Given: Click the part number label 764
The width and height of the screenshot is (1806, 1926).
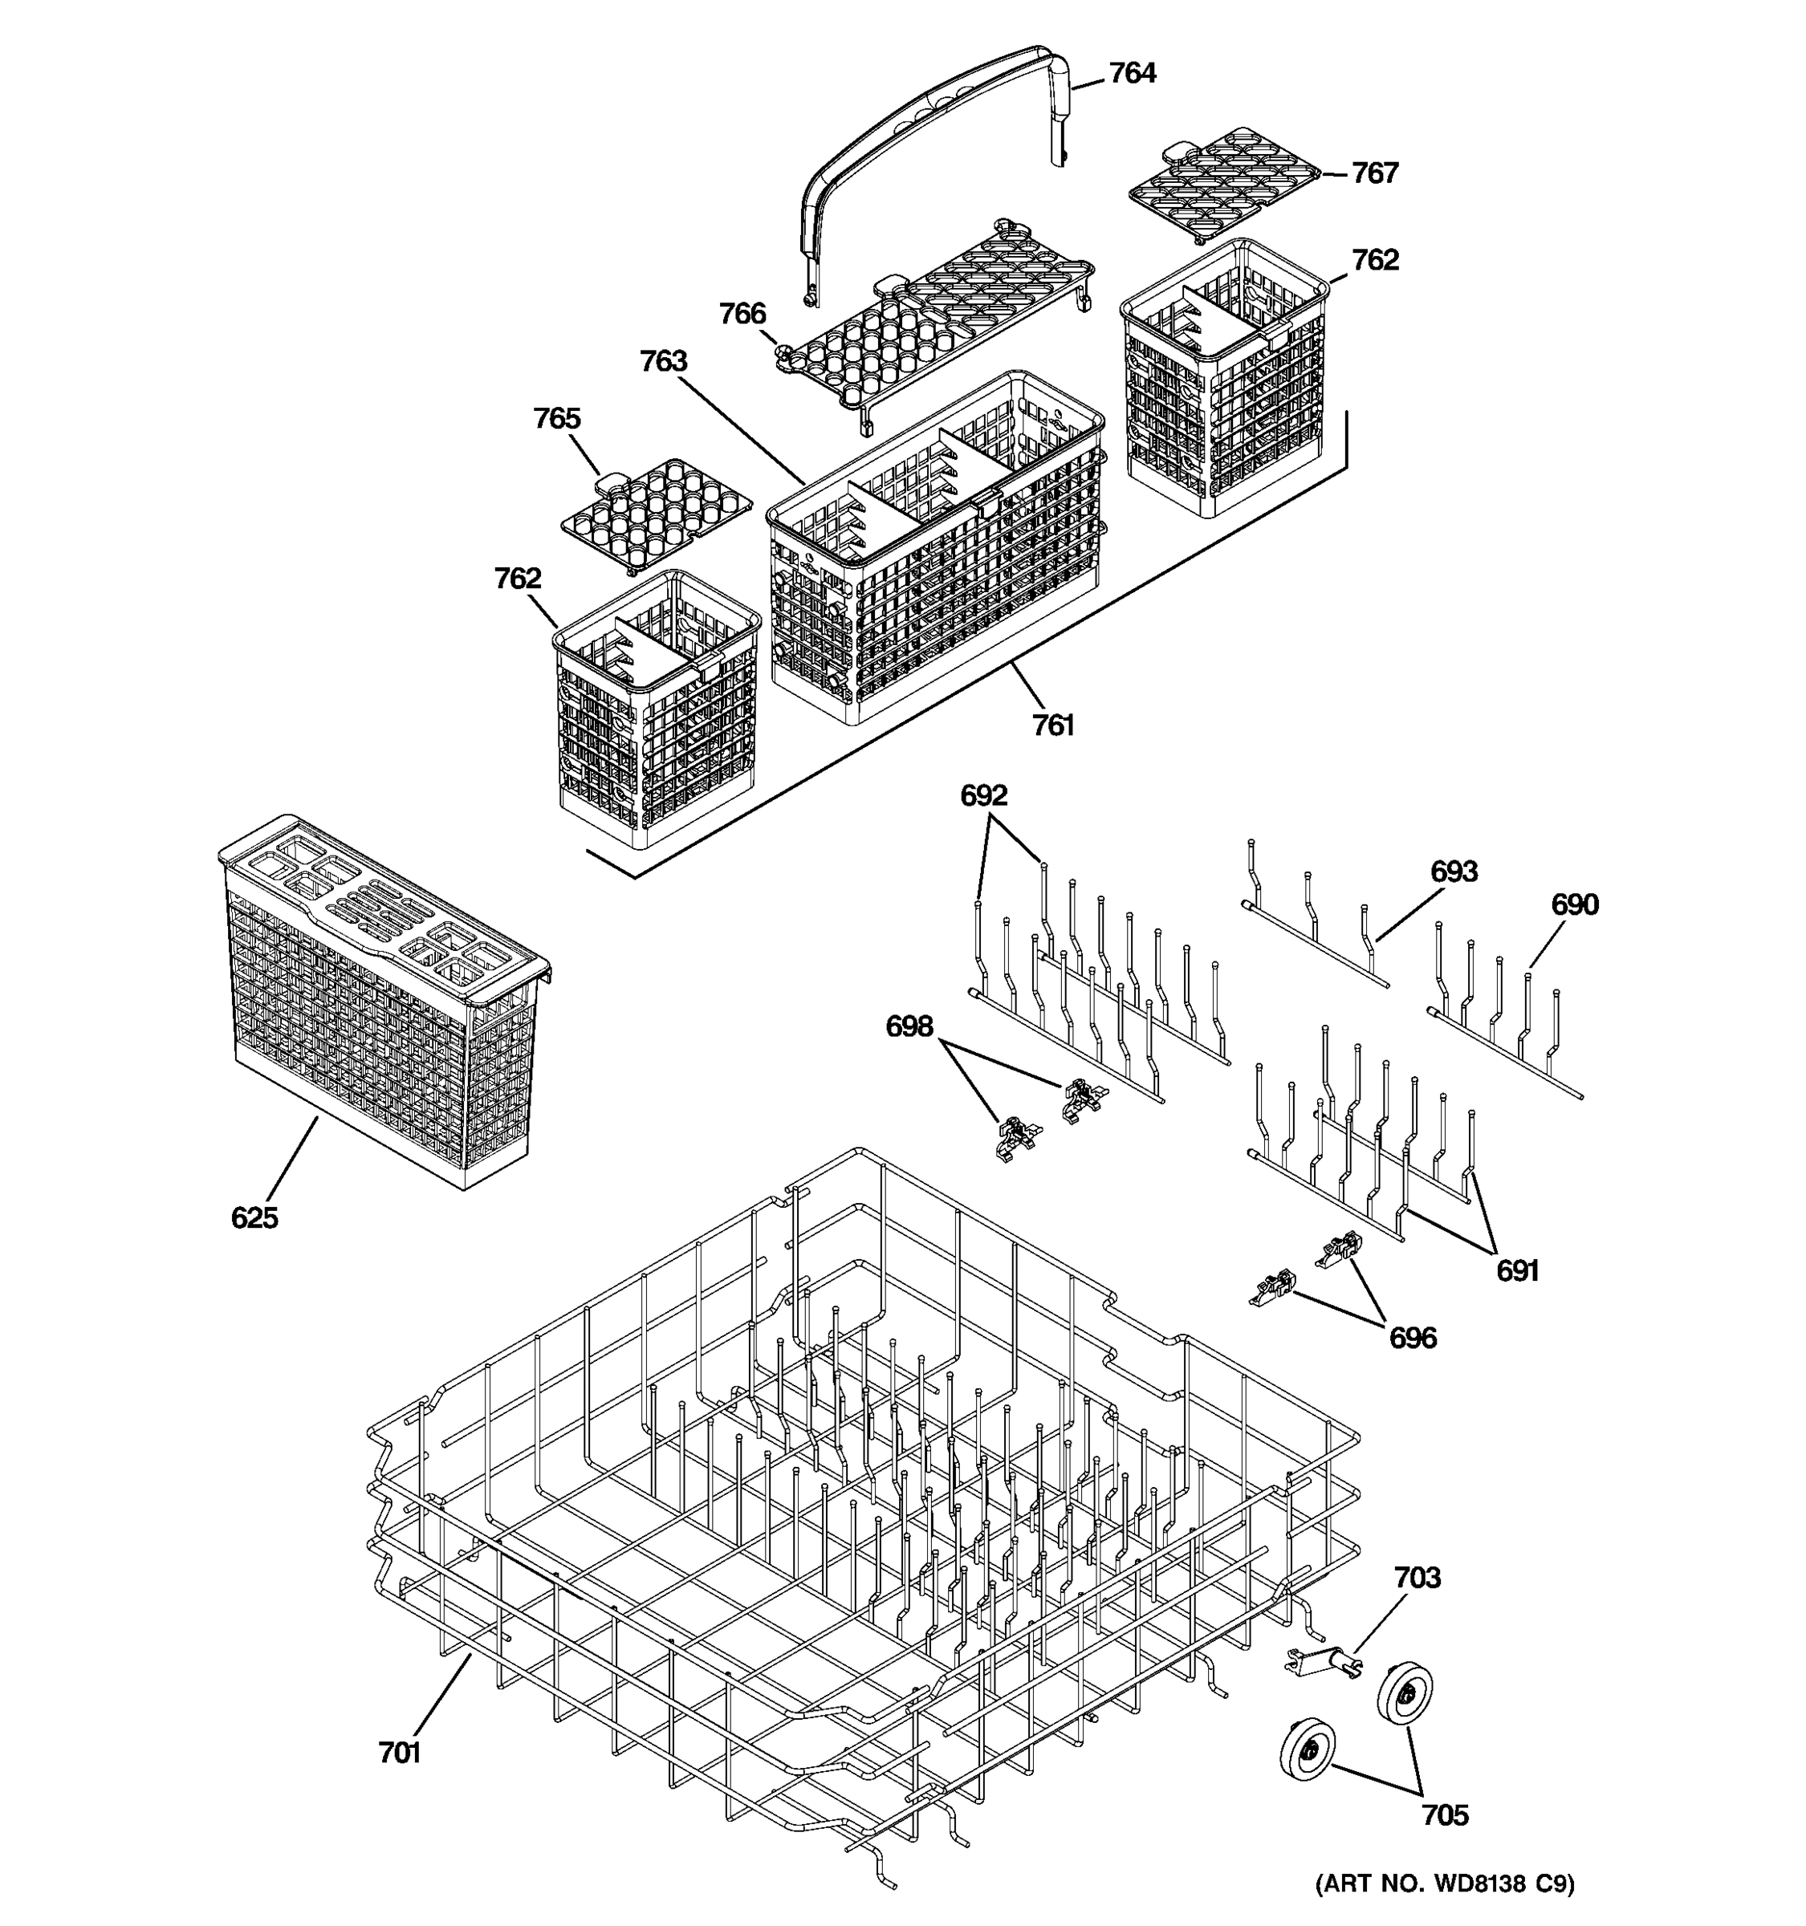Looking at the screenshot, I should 1132,74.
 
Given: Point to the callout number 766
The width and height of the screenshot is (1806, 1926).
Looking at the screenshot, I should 742,314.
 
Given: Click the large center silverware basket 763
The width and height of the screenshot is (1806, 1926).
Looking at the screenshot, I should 935,552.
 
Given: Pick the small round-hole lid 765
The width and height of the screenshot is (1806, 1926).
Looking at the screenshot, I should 656,514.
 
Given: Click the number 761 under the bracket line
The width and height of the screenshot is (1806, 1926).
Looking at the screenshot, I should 1053,725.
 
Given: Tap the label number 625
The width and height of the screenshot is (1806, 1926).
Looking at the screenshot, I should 254,1218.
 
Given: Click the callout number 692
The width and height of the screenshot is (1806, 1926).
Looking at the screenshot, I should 983,796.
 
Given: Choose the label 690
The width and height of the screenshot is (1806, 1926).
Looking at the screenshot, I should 1575,905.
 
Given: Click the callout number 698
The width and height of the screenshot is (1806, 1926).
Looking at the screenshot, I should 909,1026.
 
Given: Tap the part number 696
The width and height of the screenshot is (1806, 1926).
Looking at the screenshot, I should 1413,1339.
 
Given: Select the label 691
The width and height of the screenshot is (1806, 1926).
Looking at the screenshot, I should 1517,1271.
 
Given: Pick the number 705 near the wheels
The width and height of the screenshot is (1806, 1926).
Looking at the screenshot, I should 1445,1815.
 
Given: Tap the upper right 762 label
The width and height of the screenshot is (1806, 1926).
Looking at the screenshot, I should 1375,260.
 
